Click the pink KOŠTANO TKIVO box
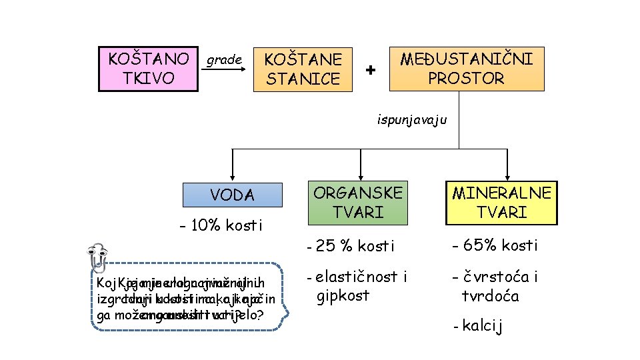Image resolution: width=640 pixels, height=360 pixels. tap(148, 68)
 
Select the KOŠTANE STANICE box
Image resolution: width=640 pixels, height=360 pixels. tap(303, 69)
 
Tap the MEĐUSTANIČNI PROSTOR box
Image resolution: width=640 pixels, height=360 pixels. tap(466, 69)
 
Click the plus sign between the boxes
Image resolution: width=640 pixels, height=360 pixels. tap(371, 70)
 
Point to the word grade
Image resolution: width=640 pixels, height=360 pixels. tap(224, 60)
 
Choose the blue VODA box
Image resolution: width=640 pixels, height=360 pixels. tap(232, 195)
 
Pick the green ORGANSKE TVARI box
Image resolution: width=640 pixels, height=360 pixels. tap(358, 203)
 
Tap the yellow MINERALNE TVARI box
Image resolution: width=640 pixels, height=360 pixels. tap(502, 203)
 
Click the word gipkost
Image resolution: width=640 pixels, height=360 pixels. tap(343, 295)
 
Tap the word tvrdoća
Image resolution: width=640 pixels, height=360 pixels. tap(490, 295)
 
